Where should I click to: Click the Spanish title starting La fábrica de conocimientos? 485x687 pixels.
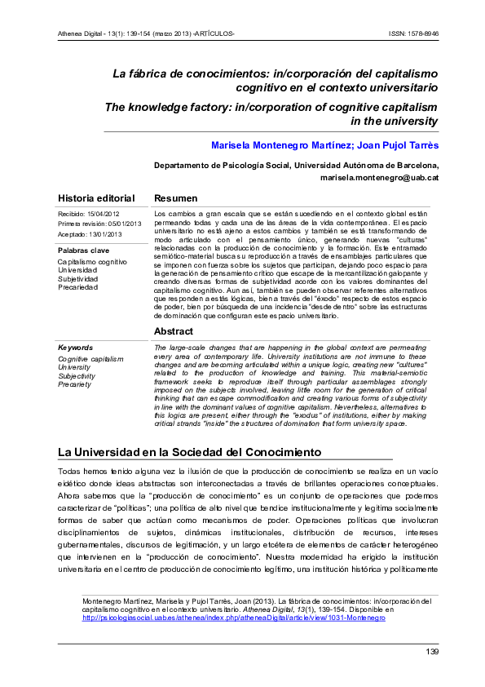tap(276, 79)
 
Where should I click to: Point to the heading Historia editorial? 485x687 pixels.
tap(96, 198)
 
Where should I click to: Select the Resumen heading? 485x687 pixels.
tap(175, 198)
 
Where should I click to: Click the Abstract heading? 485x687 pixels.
tap(174, 331)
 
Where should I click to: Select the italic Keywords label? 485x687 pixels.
tap(76, 347)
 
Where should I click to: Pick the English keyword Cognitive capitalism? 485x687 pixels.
tap(90, 358)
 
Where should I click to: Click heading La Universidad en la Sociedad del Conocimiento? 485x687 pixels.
tap(190, 452)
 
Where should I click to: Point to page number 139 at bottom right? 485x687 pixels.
tap(432, 651)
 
